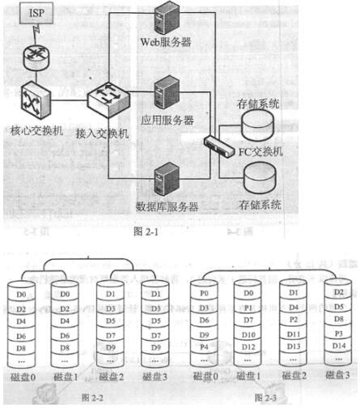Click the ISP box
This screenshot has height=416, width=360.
coord(37,15)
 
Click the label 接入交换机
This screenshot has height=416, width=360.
coord(102,133)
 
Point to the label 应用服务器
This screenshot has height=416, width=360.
coord(167,120)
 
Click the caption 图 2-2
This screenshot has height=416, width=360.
coord(90,397)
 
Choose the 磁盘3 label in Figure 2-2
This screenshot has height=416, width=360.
coord(155,376)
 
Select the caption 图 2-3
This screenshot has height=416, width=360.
coord(267,397)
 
